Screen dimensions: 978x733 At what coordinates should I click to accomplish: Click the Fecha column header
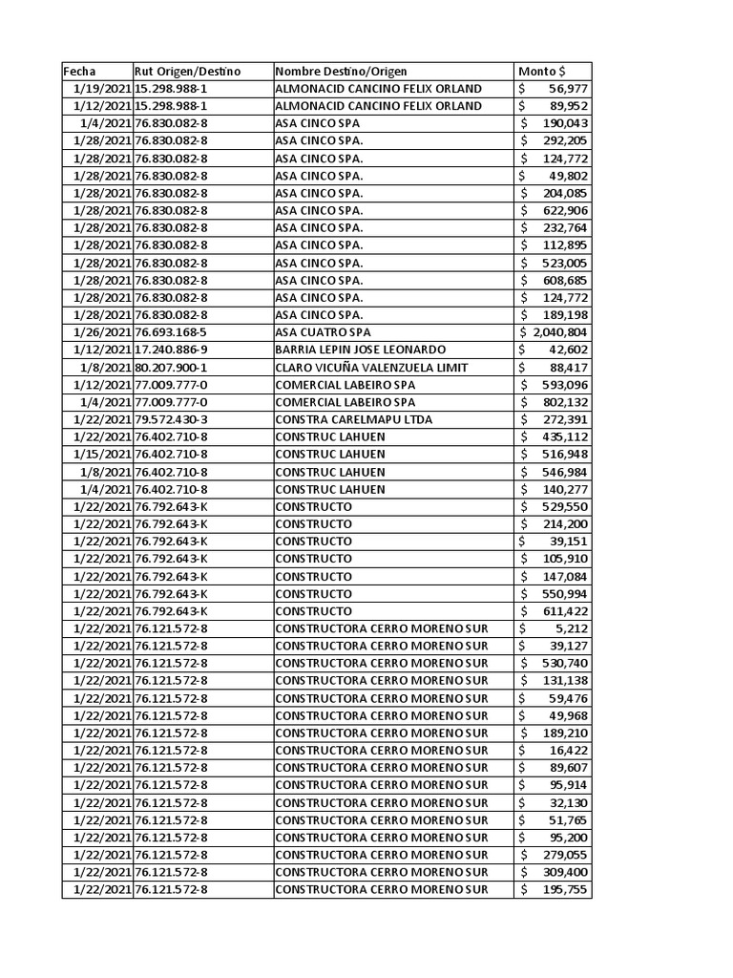point(80,72)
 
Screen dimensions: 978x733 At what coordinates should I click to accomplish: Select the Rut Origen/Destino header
point(188,72)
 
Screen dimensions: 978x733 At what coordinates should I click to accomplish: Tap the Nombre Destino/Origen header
point(341,72)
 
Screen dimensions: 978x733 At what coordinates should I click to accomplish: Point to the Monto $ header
point(541,72)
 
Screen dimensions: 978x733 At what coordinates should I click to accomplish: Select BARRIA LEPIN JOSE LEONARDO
point(360,350)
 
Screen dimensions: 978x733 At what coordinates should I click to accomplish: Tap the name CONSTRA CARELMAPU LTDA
point(353,419)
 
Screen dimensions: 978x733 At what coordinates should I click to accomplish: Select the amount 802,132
point(565,402)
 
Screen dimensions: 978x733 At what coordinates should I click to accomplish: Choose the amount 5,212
point(573,628)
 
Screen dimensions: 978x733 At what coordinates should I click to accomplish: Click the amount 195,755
point(565,890)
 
